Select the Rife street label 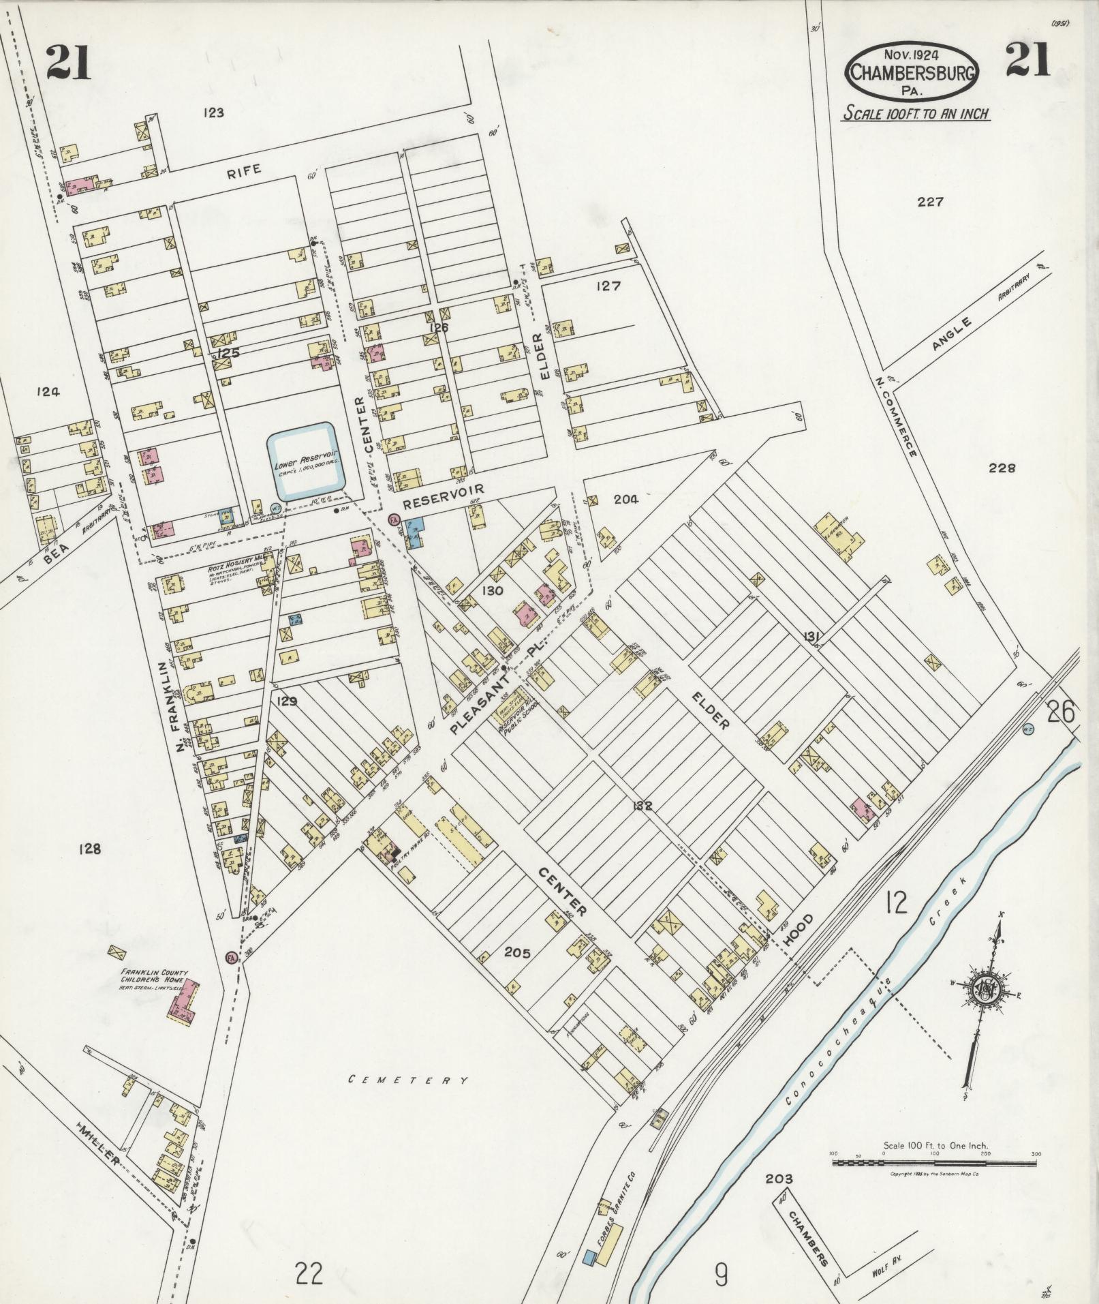[x=244, y=171]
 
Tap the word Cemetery [x=408, y=1080]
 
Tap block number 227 [x=930, y=202]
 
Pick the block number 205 [x=516, y=952]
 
